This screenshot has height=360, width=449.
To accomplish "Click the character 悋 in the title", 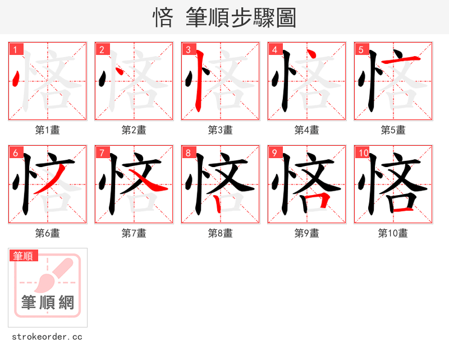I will tap(163, 18).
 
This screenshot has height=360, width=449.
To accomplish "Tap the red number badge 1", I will tap(15, 49).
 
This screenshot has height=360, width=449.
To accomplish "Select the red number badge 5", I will tap(361, 49).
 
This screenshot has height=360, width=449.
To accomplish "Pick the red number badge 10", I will tap(363, 153).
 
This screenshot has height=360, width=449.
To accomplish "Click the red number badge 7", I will tap(102, 153).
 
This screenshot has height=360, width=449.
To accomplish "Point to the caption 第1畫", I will tap(48, 130).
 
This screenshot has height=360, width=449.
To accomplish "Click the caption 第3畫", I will tap(221, 130).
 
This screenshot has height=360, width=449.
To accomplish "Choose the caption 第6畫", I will tap(48, 233).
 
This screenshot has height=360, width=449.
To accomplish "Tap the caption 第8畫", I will tap(221, 233).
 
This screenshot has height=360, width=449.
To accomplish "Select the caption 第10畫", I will tap(393, 233).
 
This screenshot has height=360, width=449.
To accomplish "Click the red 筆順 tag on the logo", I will tap(24, 256).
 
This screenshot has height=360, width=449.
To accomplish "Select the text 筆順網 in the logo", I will tap(48, 303).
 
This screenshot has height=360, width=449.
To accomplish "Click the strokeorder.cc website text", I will tap(47, 337).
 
